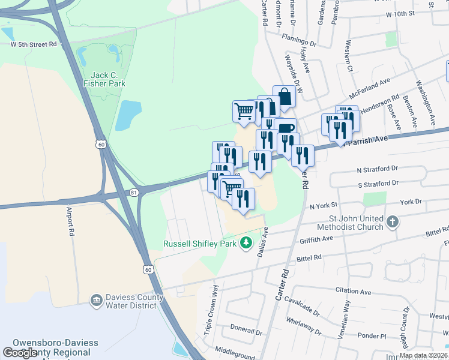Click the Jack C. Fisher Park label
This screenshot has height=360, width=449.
[108, 79]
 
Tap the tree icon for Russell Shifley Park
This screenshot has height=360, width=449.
[245, 242]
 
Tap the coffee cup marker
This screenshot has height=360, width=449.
[286, 128]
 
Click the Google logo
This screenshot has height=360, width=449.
[20, 353]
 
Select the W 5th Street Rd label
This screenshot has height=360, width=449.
[34, 44]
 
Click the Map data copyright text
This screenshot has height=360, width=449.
[423, 355]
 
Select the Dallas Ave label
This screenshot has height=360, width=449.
[262, 243]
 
